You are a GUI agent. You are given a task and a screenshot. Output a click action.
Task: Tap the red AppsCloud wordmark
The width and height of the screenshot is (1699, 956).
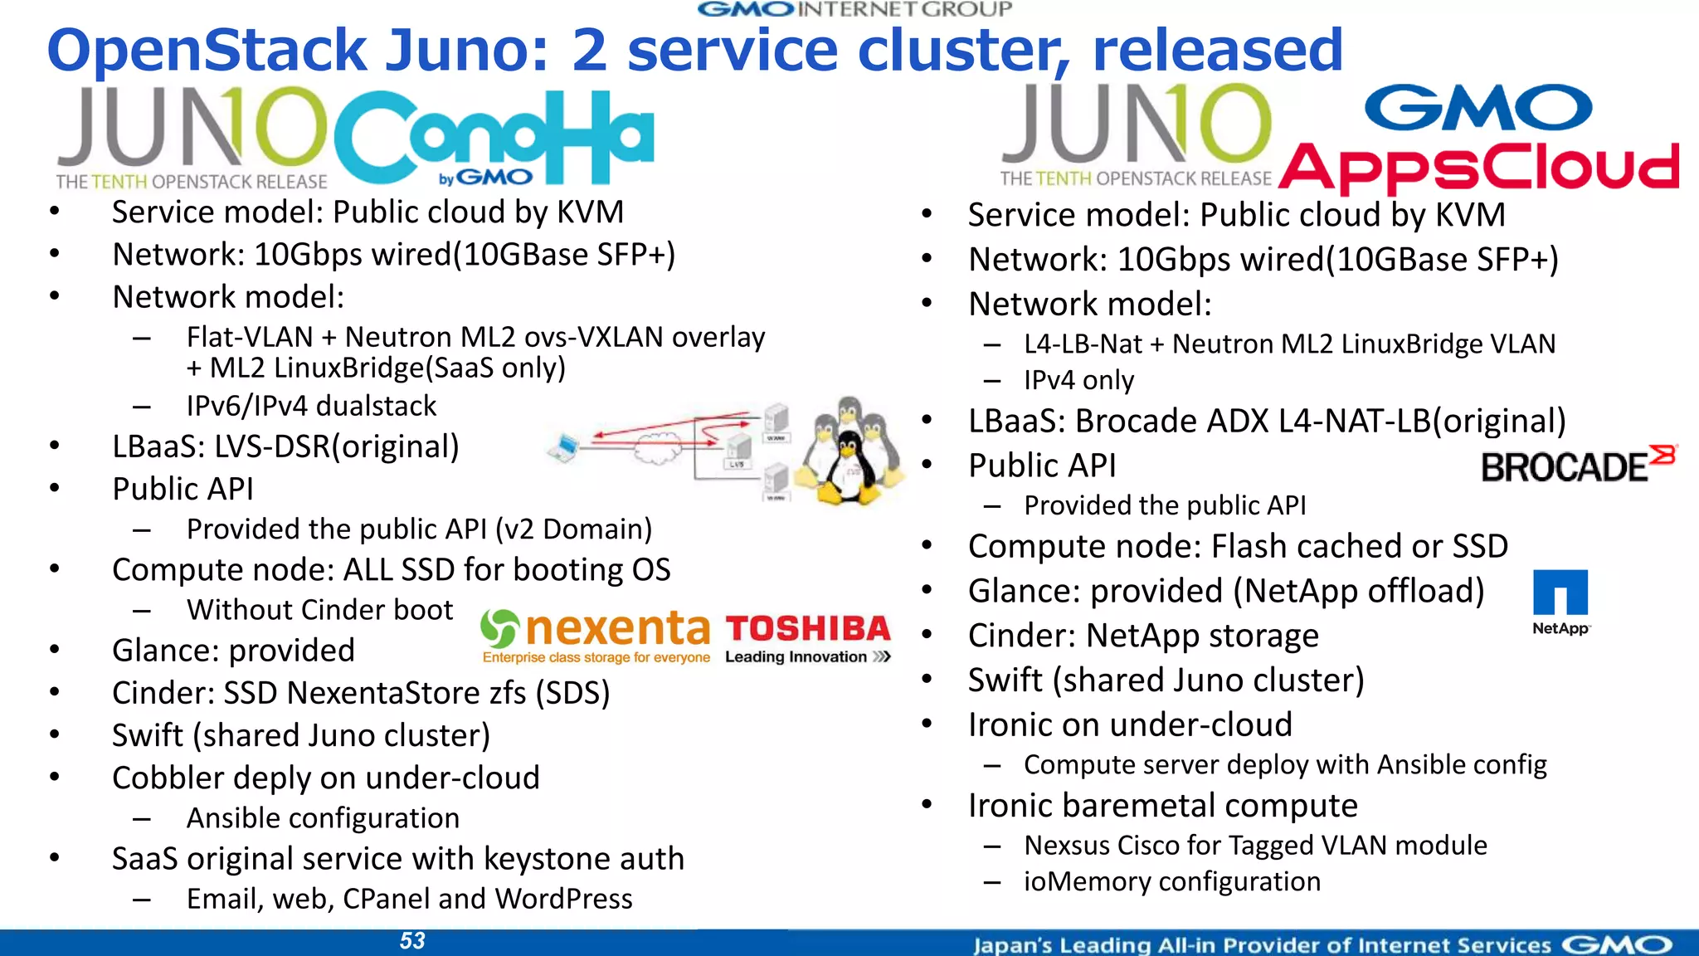[x=1478, y=166]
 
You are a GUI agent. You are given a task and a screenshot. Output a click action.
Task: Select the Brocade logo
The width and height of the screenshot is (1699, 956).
[x=1576, y=466]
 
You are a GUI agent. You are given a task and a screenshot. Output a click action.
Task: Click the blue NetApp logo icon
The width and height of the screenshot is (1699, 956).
[x=1560, y=593]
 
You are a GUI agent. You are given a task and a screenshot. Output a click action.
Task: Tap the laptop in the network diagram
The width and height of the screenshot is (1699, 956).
[x=565, y=448]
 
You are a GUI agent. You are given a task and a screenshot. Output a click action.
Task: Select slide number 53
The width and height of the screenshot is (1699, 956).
[x=412, y=941]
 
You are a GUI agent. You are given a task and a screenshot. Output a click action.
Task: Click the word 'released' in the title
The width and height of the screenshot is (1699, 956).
[x=1217, y=50]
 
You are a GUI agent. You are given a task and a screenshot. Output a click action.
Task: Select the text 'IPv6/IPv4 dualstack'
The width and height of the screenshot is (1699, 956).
[x=311, y=406]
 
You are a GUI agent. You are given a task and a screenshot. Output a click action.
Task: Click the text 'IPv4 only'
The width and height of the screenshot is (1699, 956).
[x=1078, y=380]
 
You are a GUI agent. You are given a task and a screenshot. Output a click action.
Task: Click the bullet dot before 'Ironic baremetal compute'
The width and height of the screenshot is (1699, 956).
[x=927, y=804]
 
